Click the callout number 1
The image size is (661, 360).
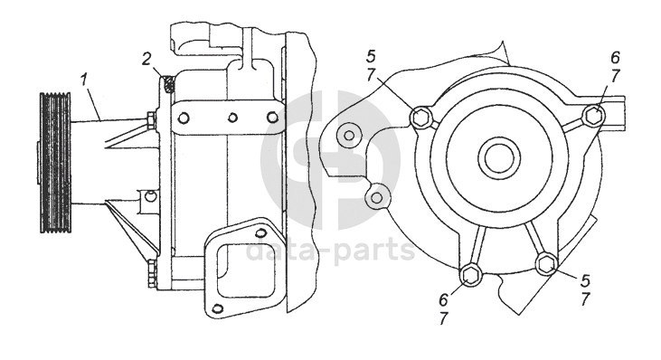click(85, 81)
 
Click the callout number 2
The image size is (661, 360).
click(146, 60)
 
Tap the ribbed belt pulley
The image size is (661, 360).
click(55, 162)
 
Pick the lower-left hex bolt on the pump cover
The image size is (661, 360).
click(469, 275)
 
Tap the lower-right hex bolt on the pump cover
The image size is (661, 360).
click(546, 263)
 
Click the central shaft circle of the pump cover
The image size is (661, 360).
click(498, 156)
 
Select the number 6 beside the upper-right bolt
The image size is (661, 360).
click(615, 58)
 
